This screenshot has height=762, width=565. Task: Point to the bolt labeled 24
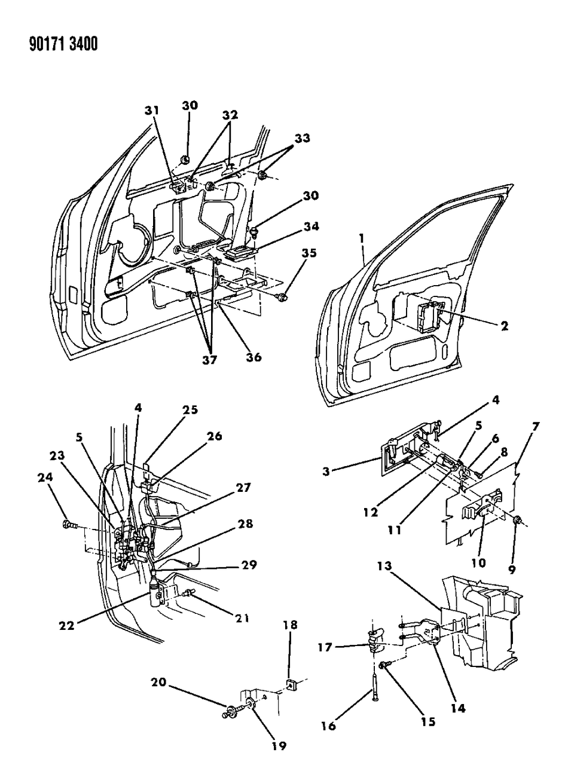click(x=67, y=525)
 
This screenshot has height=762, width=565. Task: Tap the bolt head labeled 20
click(x=228, y=714)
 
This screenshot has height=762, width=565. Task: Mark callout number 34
click(x=311, y=227)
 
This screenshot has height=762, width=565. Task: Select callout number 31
click(x=152, y=110)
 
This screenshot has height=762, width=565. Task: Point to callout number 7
click(x=535, y=427)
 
